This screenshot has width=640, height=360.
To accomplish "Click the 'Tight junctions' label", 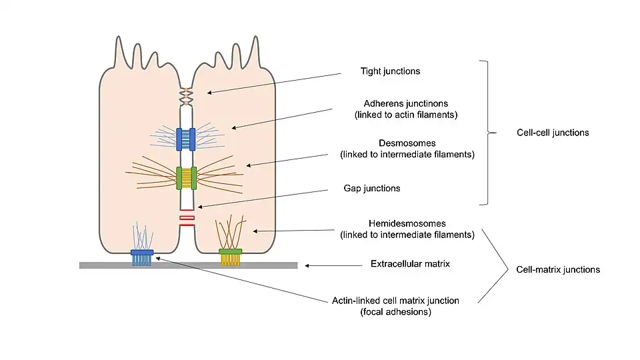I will point(390,71).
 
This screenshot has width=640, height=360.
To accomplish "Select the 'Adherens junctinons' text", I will point(405,103).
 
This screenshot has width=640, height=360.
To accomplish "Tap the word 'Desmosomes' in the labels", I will point(406,143).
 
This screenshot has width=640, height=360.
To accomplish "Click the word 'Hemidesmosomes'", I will point(407,223).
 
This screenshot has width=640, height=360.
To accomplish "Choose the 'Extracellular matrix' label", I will point(410,264).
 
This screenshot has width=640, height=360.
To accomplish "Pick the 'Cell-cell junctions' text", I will point(553,133).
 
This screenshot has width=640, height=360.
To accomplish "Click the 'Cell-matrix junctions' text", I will point(558,270).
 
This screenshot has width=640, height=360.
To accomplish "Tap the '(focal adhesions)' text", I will point(405,312).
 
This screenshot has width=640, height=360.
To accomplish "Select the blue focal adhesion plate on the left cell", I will point(142,252).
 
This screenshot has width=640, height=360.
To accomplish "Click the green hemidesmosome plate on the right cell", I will point(231,251).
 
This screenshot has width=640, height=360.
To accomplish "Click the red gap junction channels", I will point(187,217).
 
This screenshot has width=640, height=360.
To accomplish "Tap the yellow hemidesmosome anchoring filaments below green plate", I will point(231,260).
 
